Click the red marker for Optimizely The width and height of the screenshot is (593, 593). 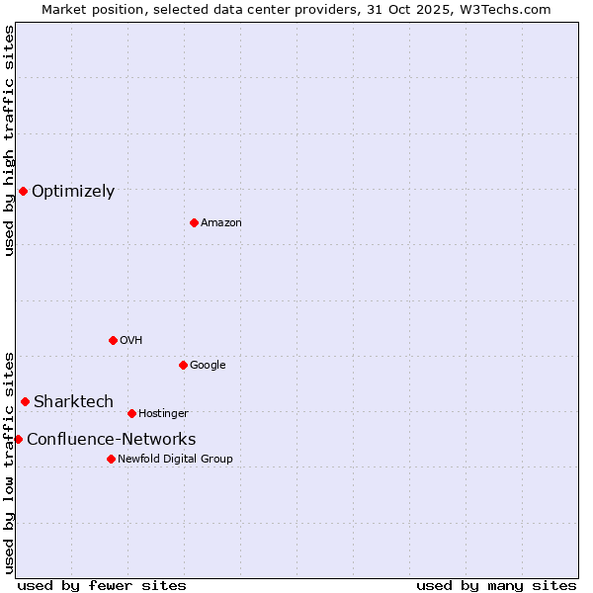23,191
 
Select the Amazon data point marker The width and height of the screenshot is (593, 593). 194,222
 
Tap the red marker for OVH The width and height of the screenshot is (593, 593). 113,340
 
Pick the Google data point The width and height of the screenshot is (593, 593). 183,365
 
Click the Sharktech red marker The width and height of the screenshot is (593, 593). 25,401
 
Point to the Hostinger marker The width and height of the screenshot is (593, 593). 131,413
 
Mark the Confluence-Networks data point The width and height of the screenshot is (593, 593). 18,439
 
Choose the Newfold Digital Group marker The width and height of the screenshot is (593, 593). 111,459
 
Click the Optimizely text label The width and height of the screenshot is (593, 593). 73,192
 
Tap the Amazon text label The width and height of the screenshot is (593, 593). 221,223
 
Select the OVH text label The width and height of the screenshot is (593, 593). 131,341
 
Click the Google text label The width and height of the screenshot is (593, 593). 208,366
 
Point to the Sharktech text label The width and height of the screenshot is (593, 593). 73,402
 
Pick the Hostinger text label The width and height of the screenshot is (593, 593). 163,413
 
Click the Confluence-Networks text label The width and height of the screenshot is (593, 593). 111,440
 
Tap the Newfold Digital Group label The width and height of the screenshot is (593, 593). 175,459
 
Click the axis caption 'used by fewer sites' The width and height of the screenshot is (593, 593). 102,585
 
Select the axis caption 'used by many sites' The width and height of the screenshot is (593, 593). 496,585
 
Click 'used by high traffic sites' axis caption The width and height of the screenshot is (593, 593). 10,140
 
